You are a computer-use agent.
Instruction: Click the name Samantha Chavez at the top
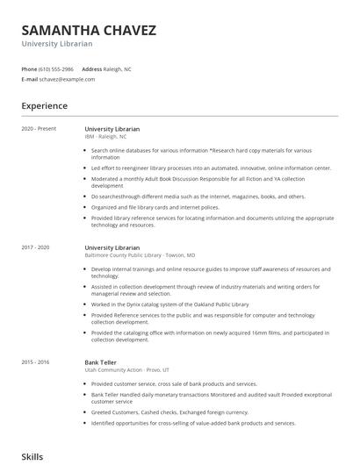pyautogui.click(x=89, y=31)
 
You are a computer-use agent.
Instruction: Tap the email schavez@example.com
pyautogui.click(x=67, y=79)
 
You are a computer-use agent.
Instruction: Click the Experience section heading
pyautogui.click(x=44, y=106)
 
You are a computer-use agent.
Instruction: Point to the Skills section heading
pyautogui.click(x=32, y=457)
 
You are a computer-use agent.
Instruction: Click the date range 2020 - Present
pyautogui.click(x=39, y=129)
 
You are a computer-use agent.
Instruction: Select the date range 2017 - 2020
pyautogui.click(x=36, y=248)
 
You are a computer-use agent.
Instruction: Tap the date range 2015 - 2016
pyautogui.click(x=36, y=361)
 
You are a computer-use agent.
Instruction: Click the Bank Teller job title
pyautogui.click(x=101, y=361)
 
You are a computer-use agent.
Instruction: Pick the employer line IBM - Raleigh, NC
pyautogui.click(x=105, y=137)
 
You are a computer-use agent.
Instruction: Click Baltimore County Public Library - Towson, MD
pyautogui.click(x=133, y=256)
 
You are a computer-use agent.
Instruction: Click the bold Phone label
pyautogui.click(x=29, y=68)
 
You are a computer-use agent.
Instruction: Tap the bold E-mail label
pyautogui.click(x=29, y=79)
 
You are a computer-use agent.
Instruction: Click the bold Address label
pyautogui.click(x=91, y=68)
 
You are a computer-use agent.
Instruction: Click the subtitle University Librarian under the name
pyautogui.click(x=58, y=44)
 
